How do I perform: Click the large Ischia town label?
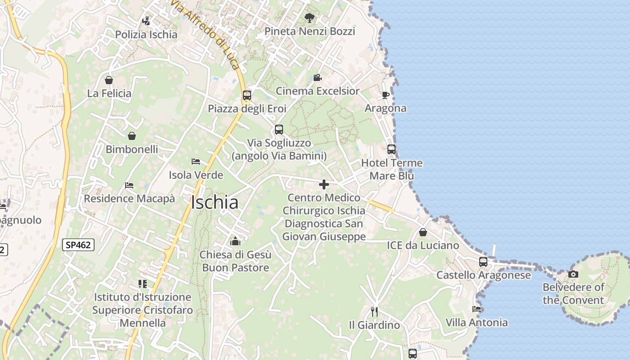click(x=215, y=202)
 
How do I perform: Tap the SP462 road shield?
click(x=78, y=245)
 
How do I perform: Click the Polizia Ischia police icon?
click(x=146, y=21)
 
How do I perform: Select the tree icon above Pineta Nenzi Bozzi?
click(x=309, y=18)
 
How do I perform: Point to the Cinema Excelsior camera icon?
click(x=317, y=77)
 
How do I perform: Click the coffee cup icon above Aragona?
click(x=385, y=95)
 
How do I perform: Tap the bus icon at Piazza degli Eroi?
click(x=247, y=95)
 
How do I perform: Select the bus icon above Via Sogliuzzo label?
click(x=279, y=130)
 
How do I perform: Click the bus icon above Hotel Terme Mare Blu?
click(x=391, y=149)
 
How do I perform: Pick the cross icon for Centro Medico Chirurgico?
click(x=324, y=184)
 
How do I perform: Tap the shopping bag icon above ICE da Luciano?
click(x=423, y=232)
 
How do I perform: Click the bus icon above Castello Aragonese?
click(x=483, y=261)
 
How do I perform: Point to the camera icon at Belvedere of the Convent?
click(x=573, y=274)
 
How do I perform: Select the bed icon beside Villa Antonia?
click(x=477, y=309)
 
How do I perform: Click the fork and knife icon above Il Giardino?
click(x=374, y=311)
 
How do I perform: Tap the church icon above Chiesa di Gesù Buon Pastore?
click(x=235, y=241)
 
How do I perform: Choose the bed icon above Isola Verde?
click(x=196, y=161)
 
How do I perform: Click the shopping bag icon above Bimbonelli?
click(x=132, y=135)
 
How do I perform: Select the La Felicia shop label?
click(x=109, y=94)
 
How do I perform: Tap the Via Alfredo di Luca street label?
click(x=206, y=34)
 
